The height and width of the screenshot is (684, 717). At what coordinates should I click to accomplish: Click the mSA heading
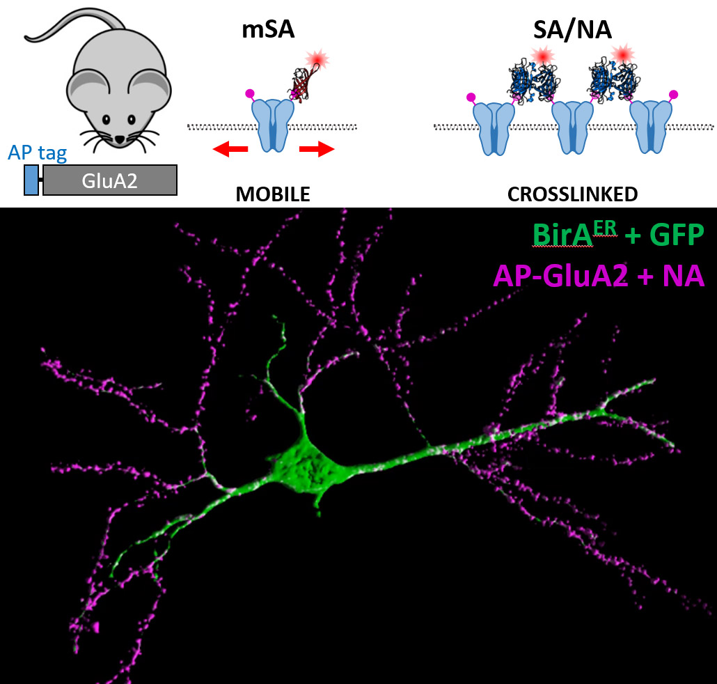pos(268,30)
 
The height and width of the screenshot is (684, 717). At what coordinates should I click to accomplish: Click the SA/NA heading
pos(572,30)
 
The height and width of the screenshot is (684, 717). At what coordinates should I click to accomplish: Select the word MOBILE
pos(273,194)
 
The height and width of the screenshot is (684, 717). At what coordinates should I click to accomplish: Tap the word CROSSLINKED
pos(572,194)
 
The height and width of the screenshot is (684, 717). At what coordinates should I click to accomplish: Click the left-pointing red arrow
pos(230,148)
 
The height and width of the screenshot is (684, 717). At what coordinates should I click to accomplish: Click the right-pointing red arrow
pos(317,148)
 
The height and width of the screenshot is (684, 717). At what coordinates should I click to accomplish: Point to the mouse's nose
pos(119,139)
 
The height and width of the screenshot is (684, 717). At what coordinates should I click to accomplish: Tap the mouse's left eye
pos(106,120)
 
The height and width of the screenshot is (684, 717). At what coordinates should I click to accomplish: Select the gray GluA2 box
pos(110,180)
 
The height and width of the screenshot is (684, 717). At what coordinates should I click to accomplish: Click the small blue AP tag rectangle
pos(31,180)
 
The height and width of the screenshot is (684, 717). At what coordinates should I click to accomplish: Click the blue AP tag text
pos(38,153)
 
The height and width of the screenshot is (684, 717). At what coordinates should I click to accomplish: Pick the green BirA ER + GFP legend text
pos(617,235)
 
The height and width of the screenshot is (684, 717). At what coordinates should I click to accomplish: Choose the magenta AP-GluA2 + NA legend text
pos(599,276)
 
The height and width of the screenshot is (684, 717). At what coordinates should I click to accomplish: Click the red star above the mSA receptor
pos(317,59)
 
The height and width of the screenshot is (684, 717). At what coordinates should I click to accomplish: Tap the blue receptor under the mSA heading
pos(273,125)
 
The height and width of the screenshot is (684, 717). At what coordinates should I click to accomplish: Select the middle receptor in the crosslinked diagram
pos(572,127)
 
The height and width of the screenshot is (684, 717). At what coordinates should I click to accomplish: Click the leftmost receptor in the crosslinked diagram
pos(494,129)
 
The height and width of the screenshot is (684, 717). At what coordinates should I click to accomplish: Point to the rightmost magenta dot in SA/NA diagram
pos(674,95)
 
